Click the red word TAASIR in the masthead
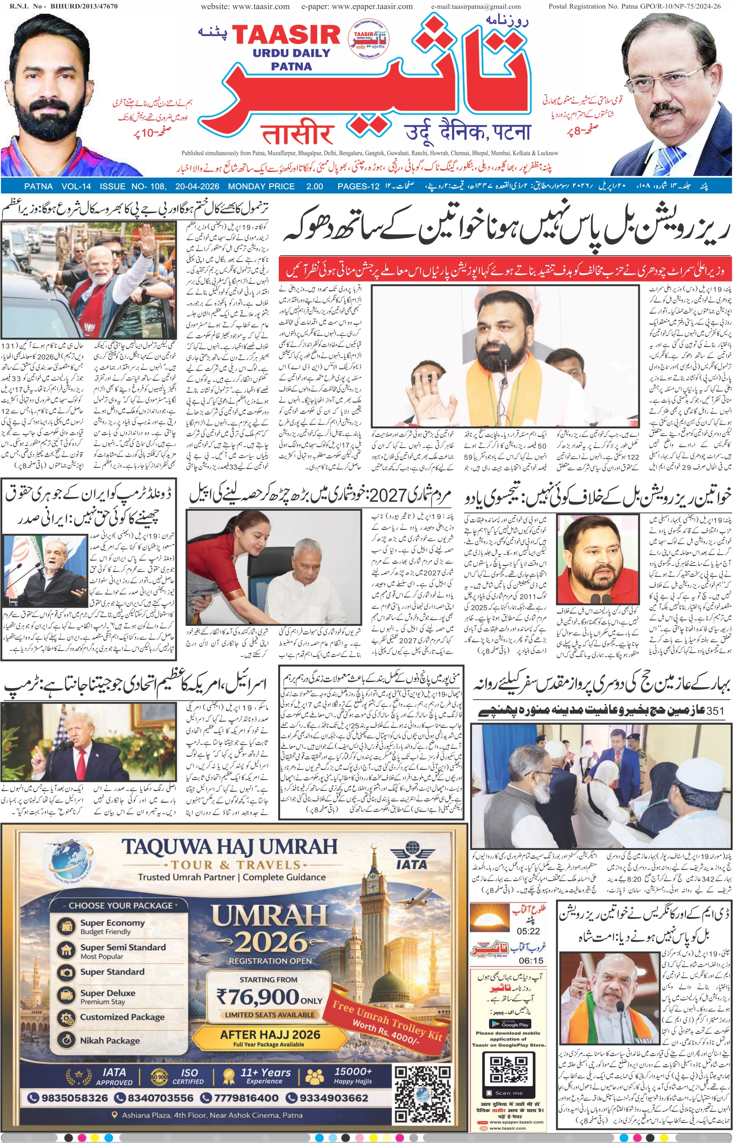[x=286, y=36]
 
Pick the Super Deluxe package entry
[x=107, y=993]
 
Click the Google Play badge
[x=508, y=1024]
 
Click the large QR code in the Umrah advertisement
[x=423, y=1093]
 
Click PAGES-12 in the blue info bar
[x=358, y=187]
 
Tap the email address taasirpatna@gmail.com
[x=476, y=7]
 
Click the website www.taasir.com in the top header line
[x=245, y=7]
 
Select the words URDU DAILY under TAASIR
[x=291, y=53]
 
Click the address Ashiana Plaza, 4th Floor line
[x=212, y=1115]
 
